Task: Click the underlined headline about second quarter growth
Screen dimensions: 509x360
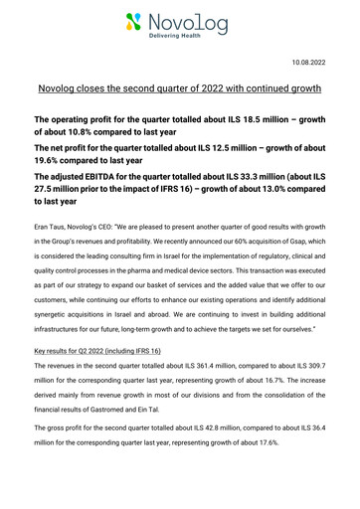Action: pyautogui.click(x=179, y=89)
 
